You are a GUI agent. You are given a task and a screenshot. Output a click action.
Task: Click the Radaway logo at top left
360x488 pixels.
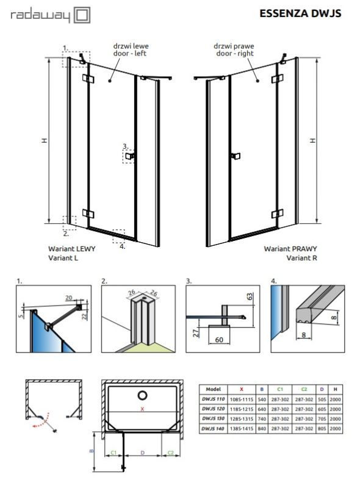pos(46,15)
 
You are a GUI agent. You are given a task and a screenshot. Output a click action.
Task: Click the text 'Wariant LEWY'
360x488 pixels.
pos(70,249)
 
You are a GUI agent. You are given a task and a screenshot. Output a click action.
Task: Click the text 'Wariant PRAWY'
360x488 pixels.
pos(290,249)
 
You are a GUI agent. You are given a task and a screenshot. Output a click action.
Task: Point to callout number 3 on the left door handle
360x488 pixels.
pos(124,146)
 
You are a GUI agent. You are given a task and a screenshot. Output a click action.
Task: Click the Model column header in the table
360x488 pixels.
pos(214,388)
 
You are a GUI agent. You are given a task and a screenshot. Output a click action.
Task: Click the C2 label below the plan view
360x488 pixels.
pos(171,453)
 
